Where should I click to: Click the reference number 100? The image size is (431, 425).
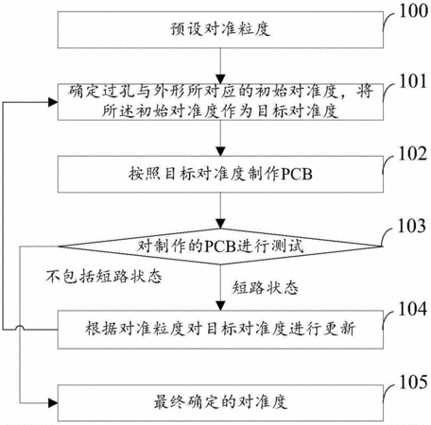coord(414,11)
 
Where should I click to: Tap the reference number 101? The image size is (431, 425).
coord(413,81)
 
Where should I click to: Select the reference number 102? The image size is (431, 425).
coord(413,154)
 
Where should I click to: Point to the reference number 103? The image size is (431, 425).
coord(412,226)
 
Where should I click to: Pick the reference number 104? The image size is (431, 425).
coord(413,309)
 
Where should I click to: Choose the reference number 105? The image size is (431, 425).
coord(413,382)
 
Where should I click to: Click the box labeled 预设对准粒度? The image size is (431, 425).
coord(220,30)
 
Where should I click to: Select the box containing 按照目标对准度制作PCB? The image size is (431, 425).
coord(220,174)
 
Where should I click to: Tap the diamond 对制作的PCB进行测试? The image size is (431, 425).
coord(220,246)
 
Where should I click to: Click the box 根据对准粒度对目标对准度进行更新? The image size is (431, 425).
coord(220,330)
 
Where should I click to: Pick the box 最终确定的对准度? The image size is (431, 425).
coord(220,402)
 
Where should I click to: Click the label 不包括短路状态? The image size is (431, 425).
coord(104,277)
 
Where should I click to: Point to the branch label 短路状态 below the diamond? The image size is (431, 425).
coord(266,287)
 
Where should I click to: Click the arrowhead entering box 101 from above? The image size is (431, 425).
coord(220,79)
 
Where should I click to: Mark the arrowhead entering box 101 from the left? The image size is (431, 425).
coord(53,102)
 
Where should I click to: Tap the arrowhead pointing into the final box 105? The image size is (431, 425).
coord(53,402)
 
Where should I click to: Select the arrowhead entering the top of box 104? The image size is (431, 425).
coord(220,306)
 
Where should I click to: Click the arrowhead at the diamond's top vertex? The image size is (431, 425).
coord(220,224)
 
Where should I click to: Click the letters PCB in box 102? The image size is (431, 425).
coord(297,174)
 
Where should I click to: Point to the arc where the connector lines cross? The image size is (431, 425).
coord(20,328)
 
